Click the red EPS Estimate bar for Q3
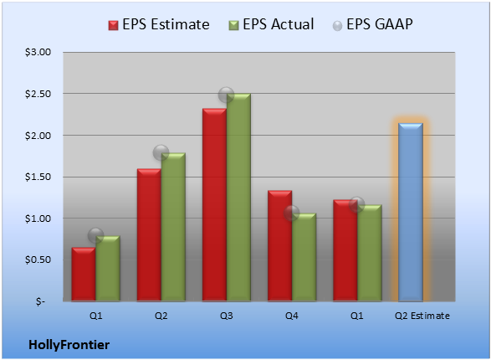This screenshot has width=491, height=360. (214, 204)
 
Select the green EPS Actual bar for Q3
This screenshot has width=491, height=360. (238, 197)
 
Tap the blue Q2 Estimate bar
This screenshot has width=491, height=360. (411, 212)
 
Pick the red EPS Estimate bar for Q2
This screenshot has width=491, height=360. (149, 235)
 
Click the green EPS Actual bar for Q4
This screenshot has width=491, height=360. (304, 257)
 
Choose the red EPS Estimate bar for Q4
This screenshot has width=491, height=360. (280, 245)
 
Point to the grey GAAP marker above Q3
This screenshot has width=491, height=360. (226, 95)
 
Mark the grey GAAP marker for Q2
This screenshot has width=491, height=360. (161, 153)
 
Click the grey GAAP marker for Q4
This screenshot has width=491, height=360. (292, 213)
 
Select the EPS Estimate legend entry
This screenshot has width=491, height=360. (159, 24)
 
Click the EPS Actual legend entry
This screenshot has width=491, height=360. (271, 24)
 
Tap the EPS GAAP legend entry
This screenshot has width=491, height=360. (372, 24)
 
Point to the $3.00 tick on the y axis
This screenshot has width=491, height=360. (38, 52)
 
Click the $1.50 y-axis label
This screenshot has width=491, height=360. (38, 177)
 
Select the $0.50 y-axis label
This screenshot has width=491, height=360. (38, 260)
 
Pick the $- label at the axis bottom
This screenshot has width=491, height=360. (40, 301)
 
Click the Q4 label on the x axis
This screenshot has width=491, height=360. (292, 316)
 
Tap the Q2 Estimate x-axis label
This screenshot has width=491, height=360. (422, 316)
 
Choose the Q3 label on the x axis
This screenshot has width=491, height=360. (227, 316)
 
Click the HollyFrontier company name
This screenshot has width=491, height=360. (69, 345)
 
